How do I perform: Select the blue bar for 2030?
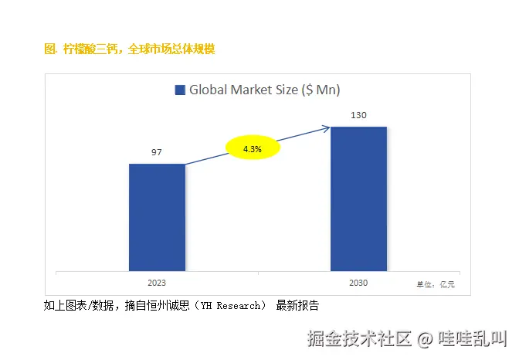(x=358, y=199)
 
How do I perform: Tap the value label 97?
(x=157, y=152)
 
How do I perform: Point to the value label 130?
(x=358, y=115)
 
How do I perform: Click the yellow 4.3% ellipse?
(x=252, y=147)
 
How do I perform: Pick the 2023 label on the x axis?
(x=157, y=284)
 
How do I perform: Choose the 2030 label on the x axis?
(x=358, y=284)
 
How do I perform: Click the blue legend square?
(x=180, y=90)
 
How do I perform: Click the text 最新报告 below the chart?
(x=297, y=306)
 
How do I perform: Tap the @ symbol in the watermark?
(x=426, y=339)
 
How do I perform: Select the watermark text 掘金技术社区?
(x=360, y=339)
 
